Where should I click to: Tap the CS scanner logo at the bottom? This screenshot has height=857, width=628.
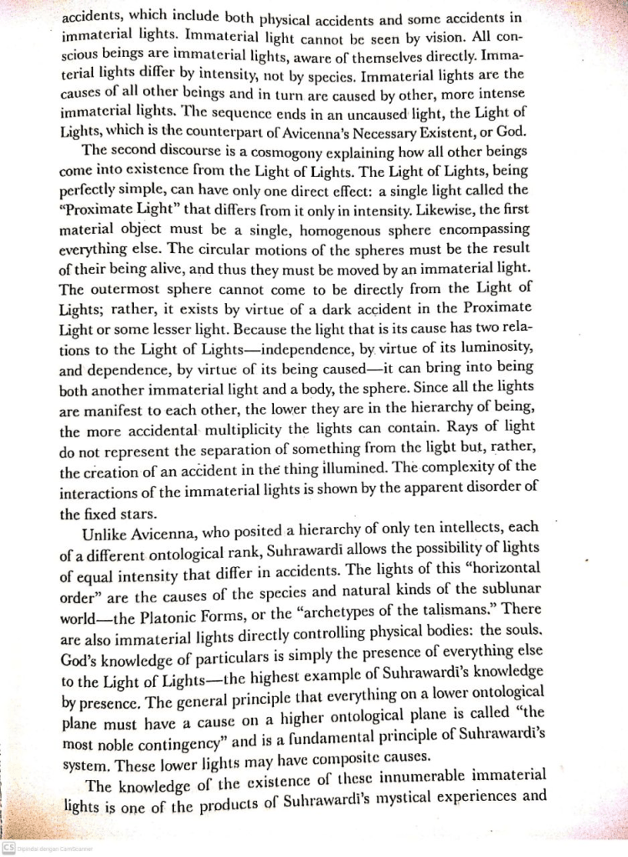point(8,848)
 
